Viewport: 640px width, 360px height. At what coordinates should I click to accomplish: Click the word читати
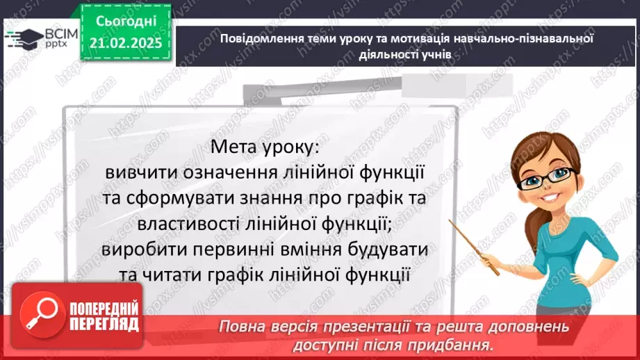pyautogui.click(x=168, y=275)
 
